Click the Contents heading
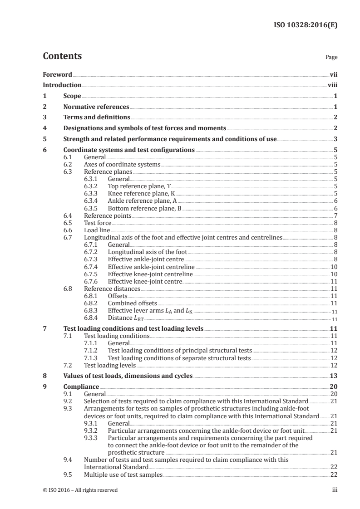click(62, 56)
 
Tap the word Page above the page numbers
click(331, 58)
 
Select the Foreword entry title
click(57, 74)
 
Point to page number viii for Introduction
click(332, 85)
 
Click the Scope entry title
click(72, 96)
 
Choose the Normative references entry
click(96, 107)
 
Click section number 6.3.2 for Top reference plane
click(91, 186)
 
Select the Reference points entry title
click(108, 215)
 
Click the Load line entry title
click(97, 230)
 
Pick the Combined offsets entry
click(132, 303)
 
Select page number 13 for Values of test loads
click(334, 376)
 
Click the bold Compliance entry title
click(81, 387)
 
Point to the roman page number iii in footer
click(335, 490)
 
